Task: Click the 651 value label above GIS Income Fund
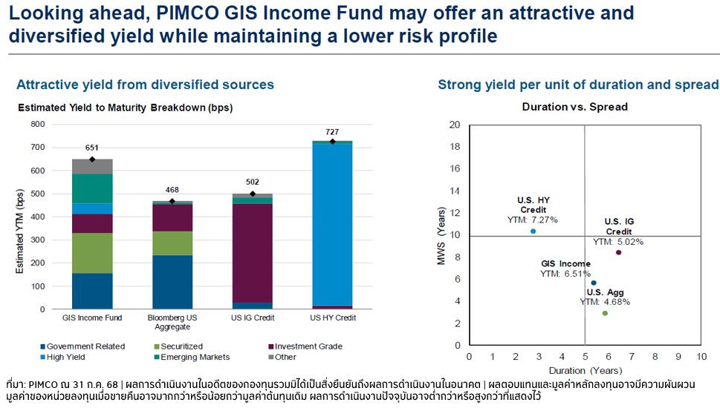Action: pyautogui.click(x=92, y=148)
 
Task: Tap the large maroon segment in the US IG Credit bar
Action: pyautogui.click(x=253, y=252)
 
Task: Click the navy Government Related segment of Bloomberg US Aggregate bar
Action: pyautogui.click(x=172, y=282)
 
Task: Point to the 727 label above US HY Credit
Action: pyautogui.click(x=332, y=132)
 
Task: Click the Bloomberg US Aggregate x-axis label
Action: pyautogui.click(x=172, y=321)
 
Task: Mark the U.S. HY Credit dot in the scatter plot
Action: pyautogui.click(x=533, y=231)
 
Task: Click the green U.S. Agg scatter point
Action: pyautogui.click(x=605, y=313)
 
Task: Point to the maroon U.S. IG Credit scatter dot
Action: pyautogui.click(x=619, y=252)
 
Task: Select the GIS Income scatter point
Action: pyautogui.click(x=593, y=283)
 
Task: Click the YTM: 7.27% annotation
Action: pyautogui.click(x=532, y=220)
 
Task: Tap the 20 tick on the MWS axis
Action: pyautogui.click(x=454, y=125)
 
